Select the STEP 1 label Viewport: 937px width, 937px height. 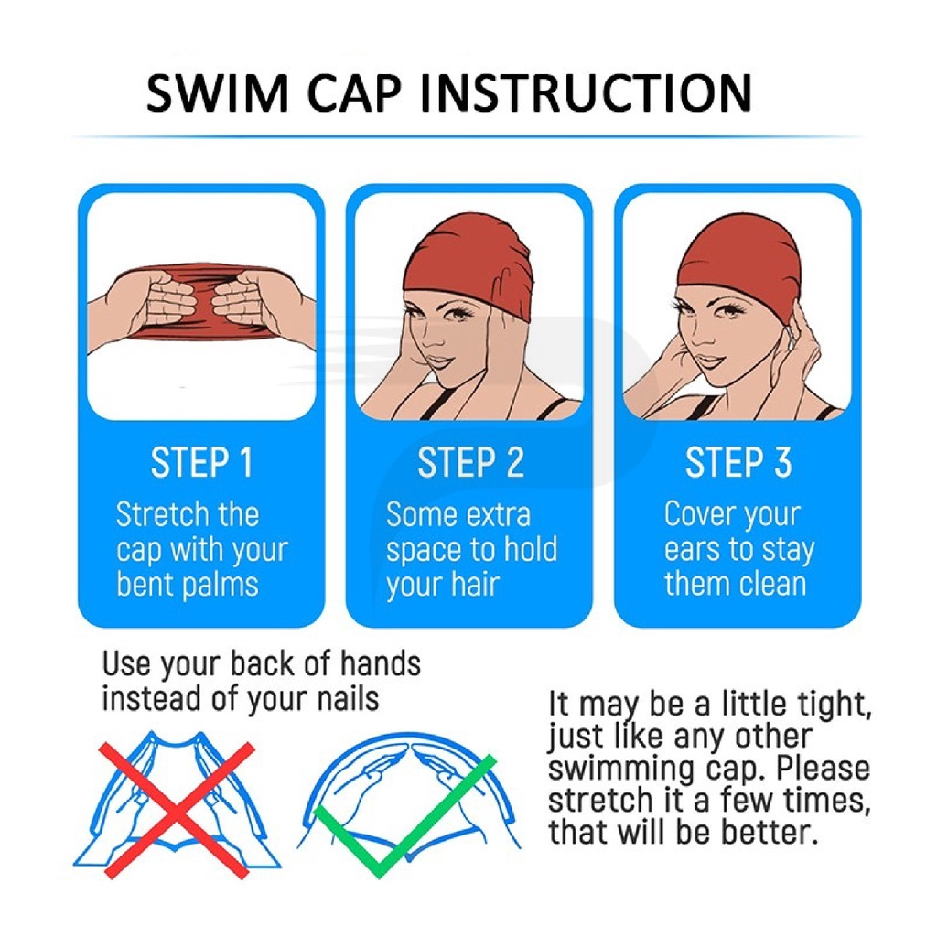pyautogui.click(x=202, y=462)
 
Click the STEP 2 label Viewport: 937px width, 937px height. pyautogui.click(x=471, y=462)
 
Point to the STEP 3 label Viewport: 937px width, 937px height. pyautogui.click(x=738, y=462)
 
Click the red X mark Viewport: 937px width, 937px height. pyautogui.click(x=178, y=811)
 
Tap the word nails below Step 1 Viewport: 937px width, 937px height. pyautogui.click(x=349, y=698)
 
